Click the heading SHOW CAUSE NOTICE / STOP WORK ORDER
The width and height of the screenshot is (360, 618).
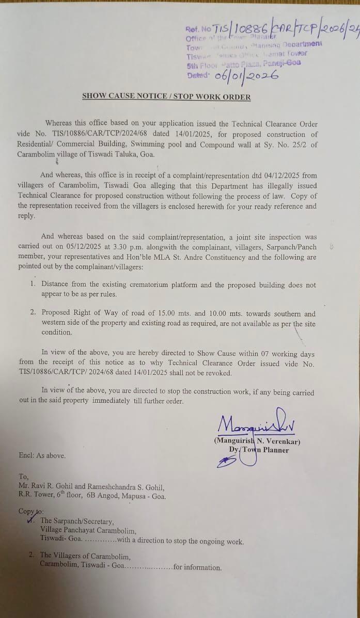point(166,97)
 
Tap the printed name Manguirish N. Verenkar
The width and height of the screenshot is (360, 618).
point(257,441)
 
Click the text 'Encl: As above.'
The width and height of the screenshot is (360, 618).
point(42,455)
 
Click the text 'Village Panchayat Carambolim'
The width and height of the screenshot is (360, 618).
point(88,530)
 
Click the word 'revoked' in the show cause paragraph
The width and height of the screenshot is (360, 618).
point(219,373)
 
